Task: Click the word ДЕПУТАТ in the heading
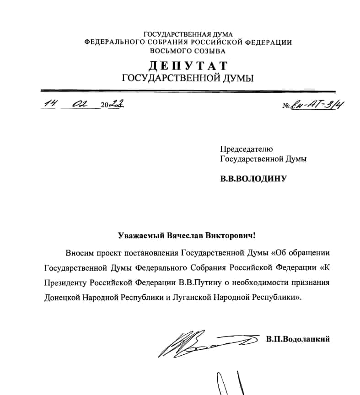pos(188,65)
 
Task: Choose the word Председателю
pos(246,149)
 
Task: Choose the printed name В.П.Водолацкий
pos(297,339)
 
